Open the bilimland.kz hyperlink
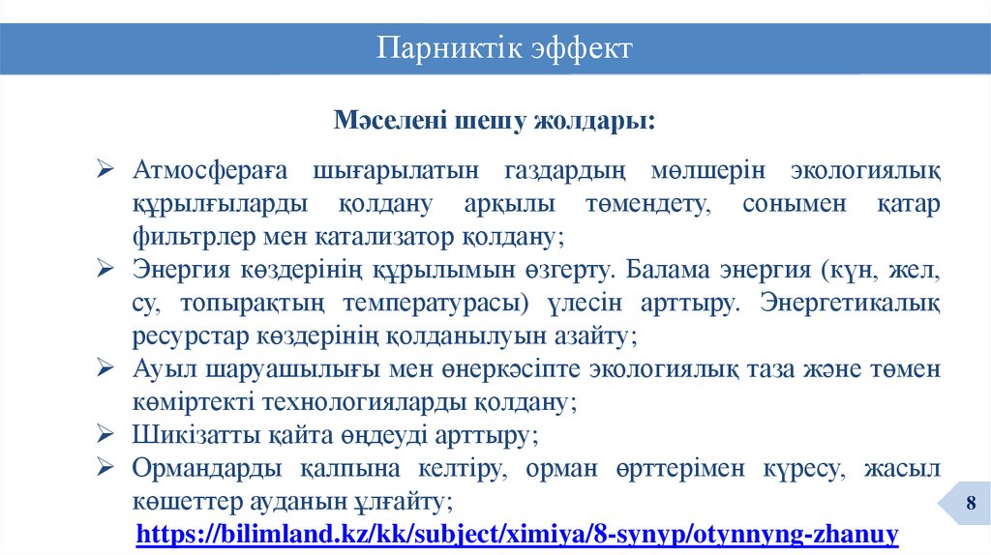click(x=518, y=533)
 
